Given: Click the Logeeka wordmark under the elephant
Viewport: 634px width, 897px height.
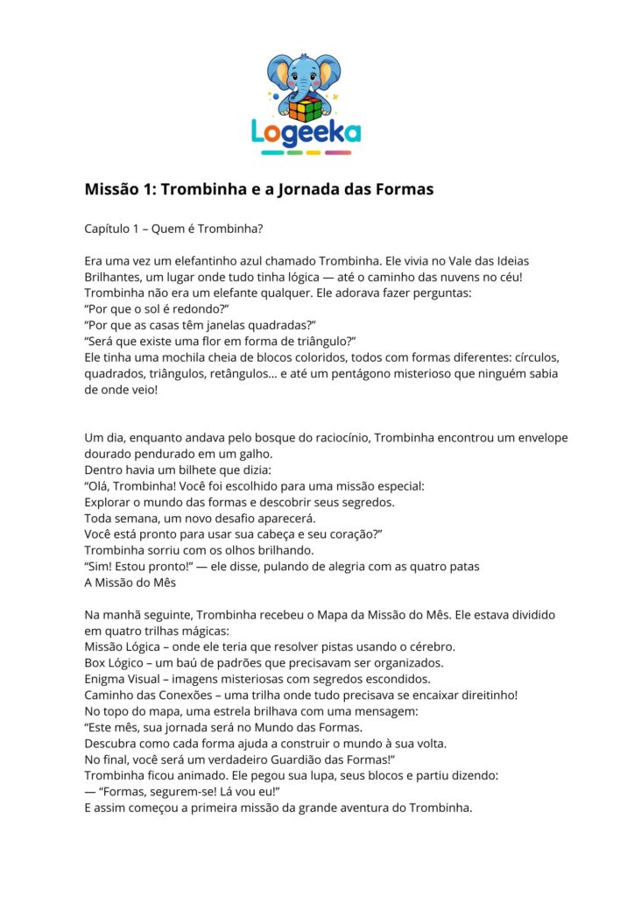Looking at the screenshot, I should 306,131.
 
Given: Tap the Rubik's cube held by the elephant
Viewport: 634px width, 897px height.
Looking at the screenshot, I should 306,108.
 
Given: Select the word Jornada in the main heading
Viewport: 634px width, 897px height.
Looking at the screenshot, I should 316,188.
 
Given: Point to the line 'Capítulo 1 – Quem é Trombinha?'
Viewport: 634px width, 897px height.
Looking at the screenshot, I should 174,229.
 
